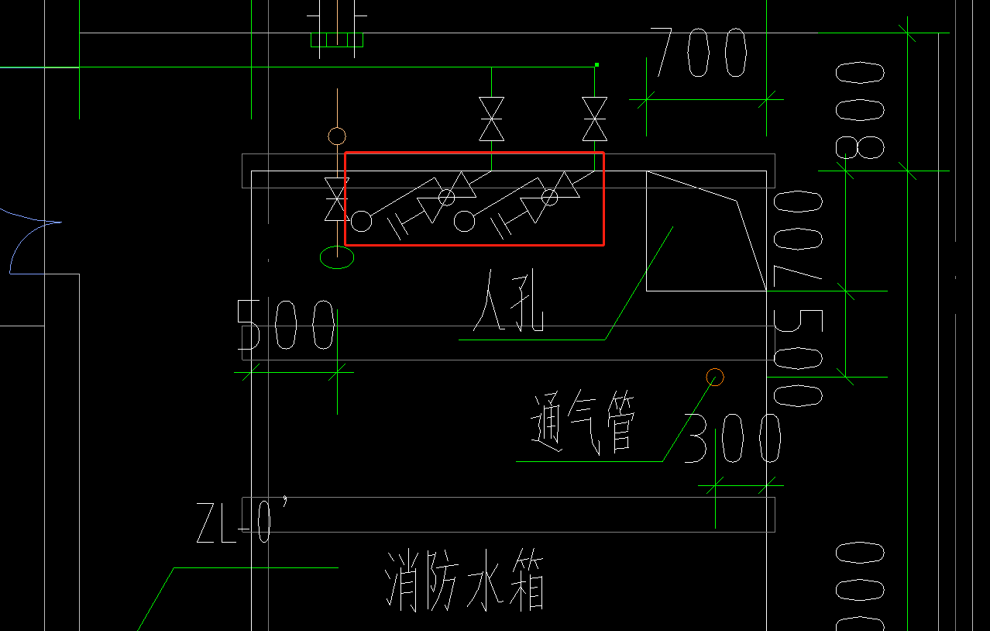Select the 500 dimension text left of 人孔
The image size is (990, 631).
286,326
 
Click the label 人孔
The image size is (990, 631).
510,302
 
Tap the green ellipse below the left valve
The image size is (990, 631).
337,257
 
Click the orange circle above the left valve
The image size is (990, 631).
336,136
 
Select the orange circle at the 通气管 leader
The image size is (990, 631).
715,378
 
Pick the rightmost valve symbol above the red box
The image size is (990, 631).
595,119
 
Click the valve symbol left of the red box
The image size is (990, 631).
336,199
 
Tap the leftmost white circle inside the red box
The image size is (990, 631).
361,222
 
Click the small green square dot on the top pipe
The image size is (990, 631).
596,64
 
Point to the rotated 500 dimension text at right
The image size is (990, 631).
798,357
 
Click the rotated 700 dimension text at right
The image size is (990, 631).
798,236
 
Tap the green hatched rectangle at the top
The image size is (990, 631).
337,40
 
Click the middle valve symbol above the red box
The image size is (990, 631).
491,119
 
